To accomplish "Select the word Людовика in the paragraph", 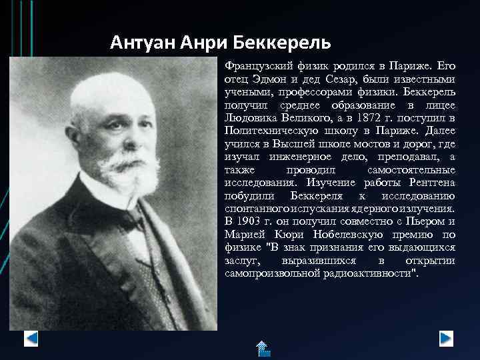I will click(249, 118).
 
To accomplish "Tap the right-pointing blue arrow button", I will click(447, 339).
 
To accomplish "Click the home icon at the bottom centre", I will click(262, 348).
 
